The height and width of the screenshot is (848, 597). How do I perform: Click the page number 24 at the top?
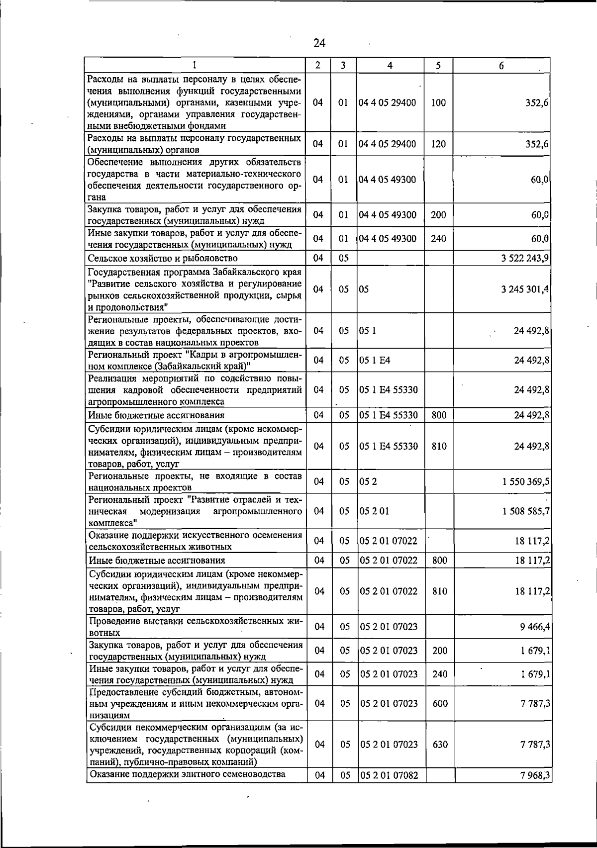[x=319, y=43]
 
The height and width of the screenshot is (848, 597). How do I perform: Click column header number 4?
[x=390, y=66]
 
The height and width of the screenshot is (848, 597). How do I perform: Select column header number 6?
[x=501, y=66]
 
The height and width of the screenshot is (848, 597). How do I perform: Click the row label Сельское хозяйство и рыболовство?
[x=163, y=258]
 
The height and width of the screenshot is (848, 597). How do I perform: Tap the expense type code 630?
[x=440, y=745]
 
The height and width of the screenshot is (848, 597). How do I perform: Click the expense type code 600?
[x=440, y=703]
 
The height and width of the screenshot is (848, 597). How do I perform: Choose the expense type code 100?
[x=438, y=103]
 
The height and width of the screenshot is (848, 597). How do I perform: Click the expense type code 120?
[x=438, y=144]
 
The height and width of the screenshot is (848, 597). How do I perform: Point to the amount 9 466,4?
[x=535, y=627]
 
